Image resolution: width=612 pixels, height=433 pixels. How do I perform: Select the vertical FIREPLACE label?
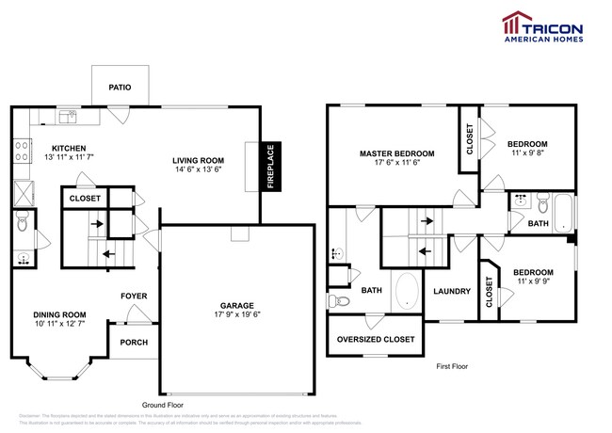[x=269, y=167]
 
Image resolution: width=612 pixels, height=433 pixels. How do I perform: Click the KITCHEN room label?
[x=68, y=149]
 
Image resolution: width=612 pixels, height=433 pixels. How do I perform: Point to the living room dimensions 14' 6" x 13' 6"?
[x=198, y=170]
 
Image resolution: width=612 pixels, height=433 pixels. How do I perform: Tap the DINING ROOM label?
[x=59, y=314]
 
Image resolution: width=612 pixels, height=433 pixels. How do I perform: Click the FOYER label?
[x=134, y=297]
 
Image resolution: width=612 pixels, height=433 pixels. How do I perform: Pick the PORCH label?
[x=134, y=342]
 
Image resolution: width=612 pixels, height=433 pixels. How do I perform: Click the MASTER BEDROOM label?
[x=396, y=152]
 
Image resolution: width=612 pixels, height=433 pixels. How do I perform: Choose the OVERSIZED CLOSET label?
[x=377, y=340]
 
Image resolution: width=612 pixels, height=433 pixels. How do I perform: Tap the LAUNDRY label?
[x=452, y=292]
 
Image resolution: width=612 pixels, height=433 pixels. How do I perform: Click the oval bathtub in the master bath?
[x=406, y=292]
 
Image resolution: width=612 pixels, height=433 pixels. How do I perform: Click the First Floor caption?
[x=452, y=366]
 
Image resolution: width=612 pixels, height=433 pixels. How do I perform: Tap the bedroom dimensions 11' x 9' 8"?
[x=527, y=155]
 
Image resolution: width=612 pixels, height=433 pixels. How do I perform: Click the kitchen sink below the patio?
[x=68, y=117]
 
